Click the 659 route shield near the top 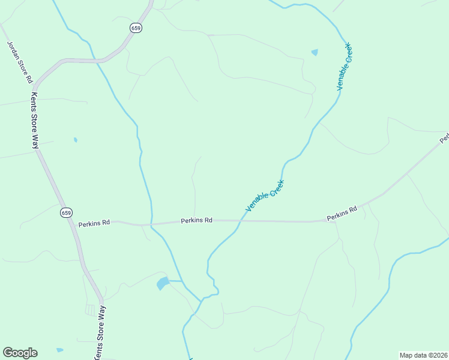point(137,28)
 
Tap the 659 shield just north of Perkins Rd point(66,213)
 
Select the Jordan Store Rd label point(19,62)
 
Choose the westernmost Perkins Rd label point(94,223)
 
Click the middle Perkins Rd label point(197,220)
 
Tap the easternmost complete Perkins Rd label point(342,213)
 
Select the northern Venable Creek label point(343,67)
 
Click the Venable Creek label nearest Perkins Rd point(264,196)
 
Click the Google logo point(20,353)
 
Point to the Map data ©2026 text point(424,355)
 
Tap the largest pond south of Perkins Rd point(163,283)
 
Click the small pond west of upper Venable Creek point(315,53)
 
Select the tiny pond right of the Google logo point(59,350)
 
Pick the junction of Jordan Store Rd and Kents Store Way point(34,86)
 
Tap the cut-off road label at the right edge point(445,139)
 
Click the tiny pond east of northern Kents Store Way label point(75,140)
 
